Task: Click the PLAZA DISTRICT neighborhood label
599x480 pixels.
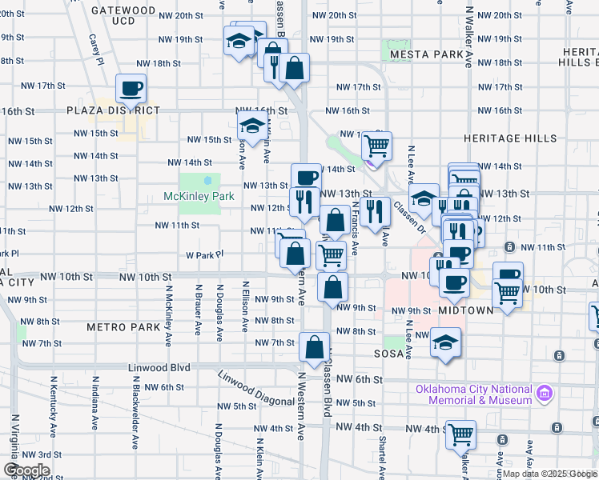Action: tap(114, 110)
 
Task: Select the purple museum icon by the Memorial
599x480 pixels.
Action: tap(545, 394)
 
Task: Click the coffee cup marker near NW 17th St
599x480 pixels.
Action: tap(131, 90)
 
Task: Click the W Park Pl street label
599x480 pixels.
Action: tap(203, 255)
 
